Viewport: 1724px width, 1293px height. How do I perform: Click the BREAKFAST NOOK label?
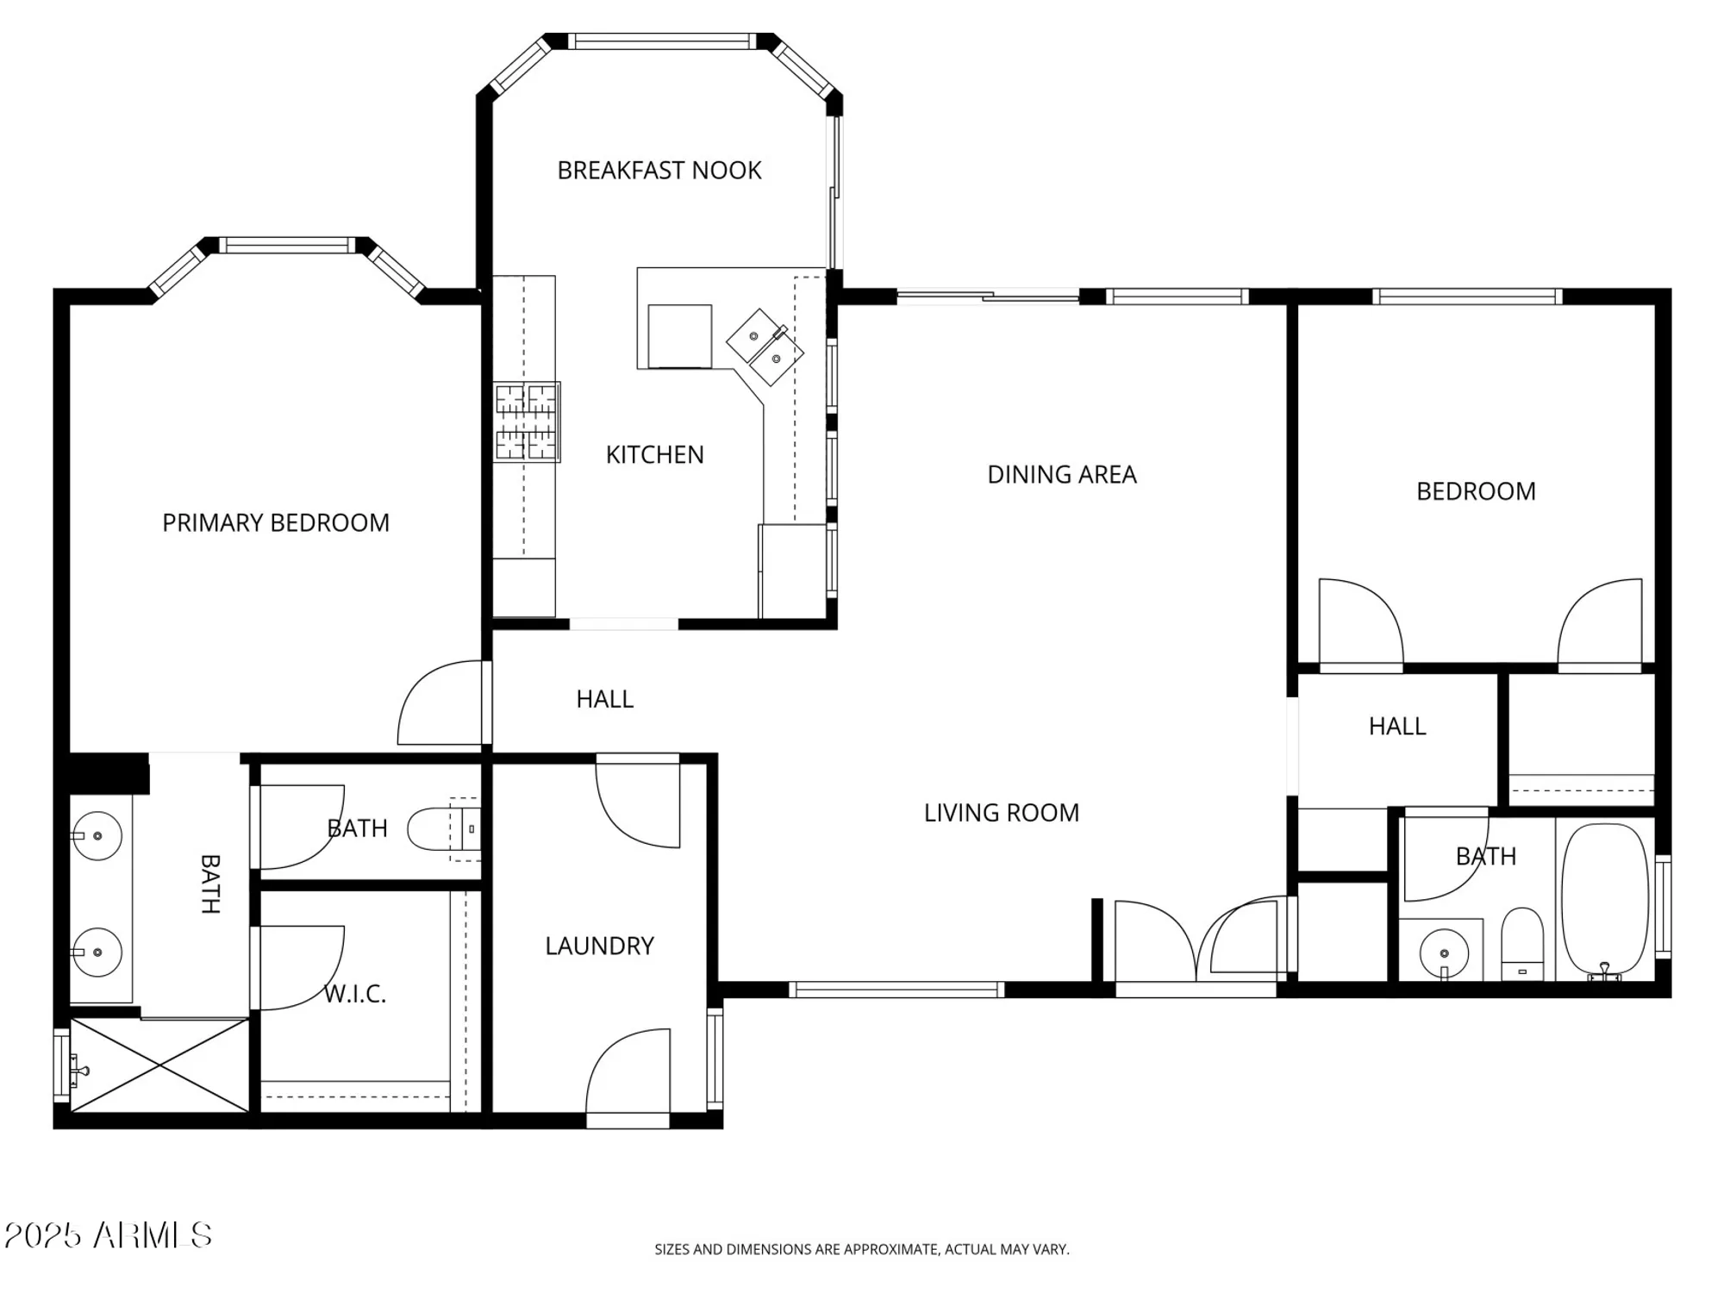[659, 171]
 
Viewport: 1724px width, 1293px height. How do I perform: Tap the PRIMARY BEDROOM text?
[276, 523]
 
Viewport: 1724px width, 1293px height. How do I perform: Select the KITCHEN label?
[654, 455]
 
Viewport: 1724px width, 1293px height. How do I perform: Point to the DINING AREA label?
[1061, 475]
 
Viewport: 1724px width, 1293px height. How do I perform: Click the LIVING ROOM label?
[1001, 813]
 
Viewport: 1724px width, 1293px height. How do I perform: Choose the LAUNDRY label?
[599, 946]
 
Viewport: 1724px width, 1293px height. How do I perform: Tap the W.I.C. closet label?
[355, 995]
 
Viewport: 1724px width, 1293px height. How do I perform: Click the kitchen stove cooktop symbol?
[527, 422]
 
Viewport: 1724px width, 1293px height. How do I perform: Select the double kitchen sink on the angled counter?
[765, 347]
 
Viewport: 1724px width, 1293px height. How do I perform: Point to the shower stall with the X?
[160, 1066]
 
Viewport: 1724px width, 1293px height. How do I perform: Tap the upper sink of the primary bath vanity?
[97, 835]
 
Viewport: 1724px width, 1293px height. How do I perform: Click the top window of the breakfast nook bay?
[661, 41]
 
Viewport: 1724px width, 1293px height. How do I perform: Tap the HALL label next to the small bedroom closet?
[1396, 727]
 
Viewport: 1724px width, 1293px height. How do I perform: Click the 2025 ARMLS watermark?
[108, 1235]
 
